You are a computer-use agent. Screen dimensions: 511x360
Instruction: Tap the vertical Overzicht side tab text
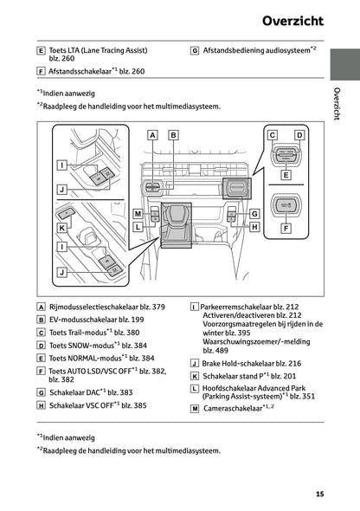(x=337, y=105)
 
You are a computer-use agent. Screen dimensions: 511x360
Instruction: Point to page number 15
(x=319, y=494)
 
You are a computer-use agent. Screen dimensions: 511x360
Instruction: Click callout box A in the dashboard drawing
(x=152, y=135)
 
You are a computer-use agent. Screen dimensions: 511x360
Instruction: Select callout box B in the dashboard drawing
(x=172, y=135)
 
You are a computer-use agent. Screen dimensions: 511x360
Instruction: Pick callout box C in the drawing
(x=272, y=135)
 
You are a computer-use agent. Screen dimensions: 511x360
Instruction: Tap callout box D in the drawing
(x=299, y=135)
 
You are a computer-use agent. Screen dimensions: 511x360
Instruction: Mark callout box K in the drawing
(x=61, y=227)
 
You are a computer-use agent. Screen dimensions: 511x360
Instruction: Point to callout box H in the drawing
(x=254, y=226)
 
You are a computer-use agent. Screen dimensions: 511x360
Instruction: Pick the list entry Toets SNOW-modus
(x=80, y=344)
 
